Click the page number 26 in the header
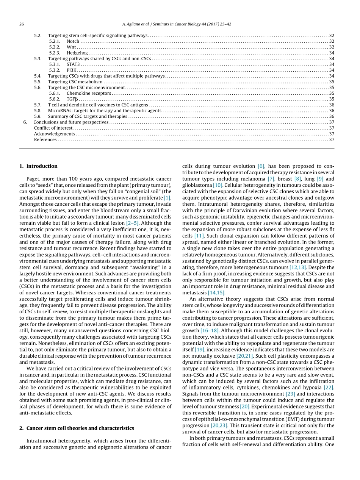click(x=21, y=24)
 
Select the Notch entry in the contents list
click(x=73, y=41)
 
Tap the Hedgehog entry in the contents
click(x=77, y=53)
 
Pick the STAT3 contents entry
click(x=73, y=64)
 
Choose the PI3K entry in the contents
click(x=72, y=70)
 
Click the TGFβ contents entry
click(x=72, y=99)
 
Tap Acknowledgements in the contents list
click(x=55, y=134)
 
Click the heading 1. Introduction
click(x=38, y=166)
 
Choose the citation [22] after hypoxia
click(x=329, y=387)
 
